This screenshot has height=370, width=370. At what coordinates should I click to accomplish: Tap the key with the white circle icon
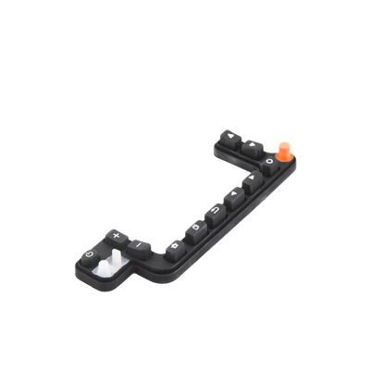click(x=268, y=163)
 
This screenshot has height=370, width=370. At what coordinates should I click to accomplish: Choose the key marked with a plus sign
click(x=115, y=234)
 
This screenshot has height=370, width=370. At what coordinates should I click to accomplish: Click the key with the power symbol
click(x=90, y=254)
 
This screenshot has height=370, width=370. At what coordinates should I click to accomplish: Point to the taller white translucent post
click(x=117, y=261)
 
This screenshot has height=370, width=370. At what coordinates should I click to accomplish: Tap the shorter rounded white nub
click(x=99, y=269)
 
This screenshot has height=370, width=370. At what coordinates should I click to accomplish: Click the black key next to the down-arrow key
click(x=252, y=145)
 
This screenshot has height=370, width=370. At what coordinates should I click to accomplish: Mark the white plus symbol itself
click(x=115, y=233)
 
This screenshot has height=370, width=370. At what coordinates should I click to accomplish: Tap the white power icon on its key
click(x=90, y=254)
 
